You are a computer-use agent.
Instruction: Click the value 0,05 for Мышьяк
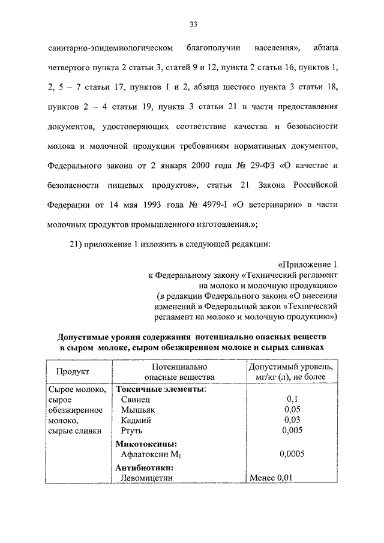pos(292,409)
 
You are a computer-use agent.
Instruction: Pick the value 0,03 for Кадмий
pos(292,420)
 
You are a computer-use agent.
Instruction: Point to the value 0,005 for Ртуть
pos(292,430)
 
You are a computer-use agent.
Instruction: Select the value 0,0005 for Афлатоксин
pos(292,454)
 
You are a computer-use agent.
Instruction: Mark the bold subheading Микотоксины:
pos(146,444)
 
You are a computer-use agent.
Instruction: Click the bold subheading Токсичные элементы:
pos(160,389)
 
